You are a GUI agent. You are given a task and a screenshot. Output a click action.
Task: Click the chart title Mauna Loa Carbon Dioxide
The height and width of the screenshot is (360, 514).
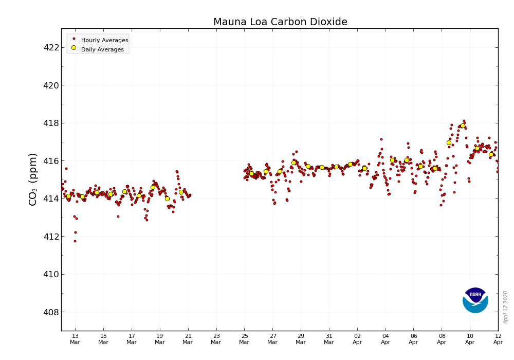pos(280,22)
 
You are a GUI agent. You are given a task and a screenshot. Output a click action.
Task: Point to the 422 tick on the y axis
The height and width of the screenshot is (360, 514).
pos(51,47)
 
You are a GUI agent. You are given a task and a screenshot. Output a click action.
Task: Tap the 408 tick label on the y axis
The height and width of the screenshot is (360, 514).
pos(51,312)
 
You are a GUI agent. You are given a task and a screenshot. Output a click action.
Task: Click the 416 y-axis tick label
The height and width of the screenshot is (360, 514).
pos(51,161)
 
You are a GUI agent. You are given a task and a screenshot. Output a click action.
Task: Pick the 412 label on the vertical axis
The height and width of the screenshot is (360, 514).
pos(51,237)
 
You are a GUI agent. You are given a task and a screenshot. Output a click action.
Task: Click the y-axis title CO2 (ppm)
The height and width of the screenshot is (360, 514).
pos(33,179)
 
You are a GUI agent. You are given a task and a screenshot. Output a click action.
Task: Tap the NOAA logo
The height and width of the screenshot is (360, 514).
pos(475,300)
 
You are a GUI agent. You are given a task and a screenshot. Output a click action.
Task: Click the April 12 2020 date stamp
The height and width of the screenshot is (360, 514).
pos(506,307)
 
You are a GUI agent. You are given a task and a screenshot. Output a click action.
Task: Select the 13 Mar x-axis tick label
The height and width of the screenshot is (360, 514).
pos(75,339)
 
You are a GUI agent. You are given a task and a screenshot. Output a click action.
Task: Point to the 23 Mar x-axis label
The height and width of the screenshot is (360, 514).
pos(216,339)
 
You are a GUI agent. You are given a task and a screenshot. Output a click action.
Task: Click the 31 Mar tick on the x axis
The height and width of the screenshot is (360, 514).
pos(329,339)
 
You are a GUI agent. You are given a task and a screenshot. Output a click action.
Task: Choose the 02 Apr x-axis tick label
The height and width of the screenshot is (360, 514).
pos(357,339)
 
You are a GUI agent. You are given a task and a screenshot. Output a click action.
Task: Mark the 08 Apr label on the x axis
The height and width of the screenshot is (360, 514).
pos(442,339)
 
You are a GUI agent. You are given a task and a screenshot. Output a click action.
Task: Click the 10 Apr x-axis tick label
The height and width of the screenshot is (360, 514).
pos(470,339)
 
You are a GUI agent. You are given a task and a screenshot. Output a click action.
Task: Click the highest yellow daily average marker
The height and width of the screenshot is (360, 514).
pos(463,125)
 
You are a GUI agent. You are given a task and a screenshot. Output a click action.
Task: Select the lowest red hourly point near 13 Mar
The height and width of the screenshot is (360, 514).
pos(75,241)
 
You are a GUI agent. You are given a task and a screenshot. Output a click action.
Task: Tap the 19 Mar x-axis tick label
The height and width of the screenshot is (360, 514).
pos(160,339)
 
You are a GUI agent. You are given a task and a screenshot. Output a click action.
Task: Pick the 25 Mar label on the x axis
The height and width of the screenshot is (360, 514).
pos(244,339)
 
